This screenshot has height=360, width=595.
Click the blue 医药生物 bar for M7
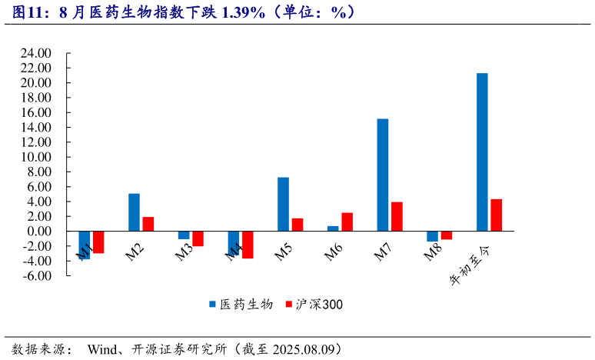tap(382, 175)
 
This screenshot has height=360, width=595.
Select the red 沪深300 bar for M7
tap(397, 216)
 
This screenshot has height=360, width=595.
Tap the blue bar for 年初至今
tap(482, 152)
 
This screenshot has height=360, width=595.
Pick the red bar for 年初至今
tap(496, 215)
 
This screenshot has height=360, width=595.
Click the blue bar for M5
tap(283, 204)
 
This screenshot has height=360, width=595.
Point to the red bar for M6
tap(347, 222)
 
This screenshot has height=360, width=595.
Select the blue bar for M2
tap(134, 212)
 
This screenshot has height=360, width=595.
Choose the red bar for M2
tap(148, 224)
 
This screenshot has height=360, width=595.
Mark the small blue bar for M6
tap(333, 228)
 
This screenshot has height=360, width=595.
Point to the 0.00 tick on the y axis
tap(38, 232)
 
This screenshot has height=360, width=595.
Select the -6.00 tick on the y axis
tap(36, 276)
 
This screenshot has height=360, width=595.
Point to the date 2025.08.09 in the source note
tap(303, 348)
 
